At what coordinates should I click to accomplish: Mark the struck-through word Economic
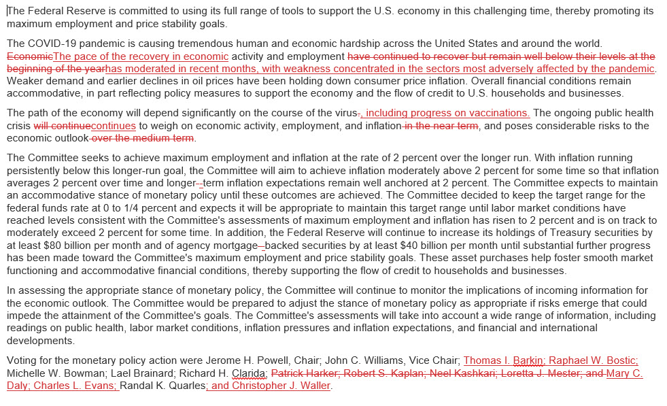coord(29,56)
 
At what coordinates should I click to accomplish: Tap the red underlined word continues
coord(113,126)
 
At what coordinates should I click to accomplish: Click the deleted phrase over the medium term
coord(143,138)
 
